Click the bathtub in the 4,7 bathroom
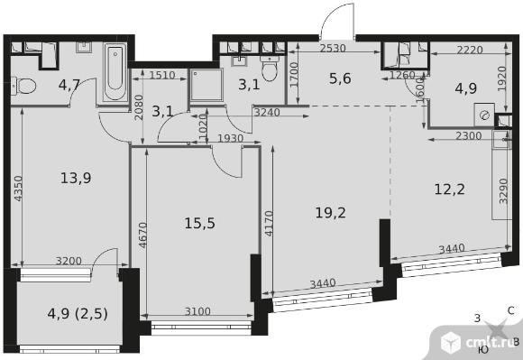pos(115,72)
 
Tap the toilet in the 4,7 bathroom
pos(23,86)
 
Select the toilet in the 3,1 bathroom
pos(270,69)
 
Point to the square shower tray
pos(206,85)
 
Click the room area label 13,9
pos(76,178)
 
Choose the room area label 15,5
pos(199,223)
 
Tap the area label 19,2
pos(330,212)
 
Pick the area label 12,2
pos(450,189)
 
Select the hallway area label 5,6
pos(340,78)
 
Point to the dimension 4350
pos(18,189)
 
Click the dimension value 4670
pos(142,235)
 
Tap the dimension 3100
pos(197,311)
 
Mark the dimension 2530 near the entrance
pos(333,49)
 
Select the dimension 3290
pos(503,191)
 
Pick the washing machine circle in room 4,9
pos(484,115)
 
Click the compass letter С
pos(511,311)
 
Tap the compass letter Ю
pos(483,349)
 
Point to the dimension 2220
pos(470,50)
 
